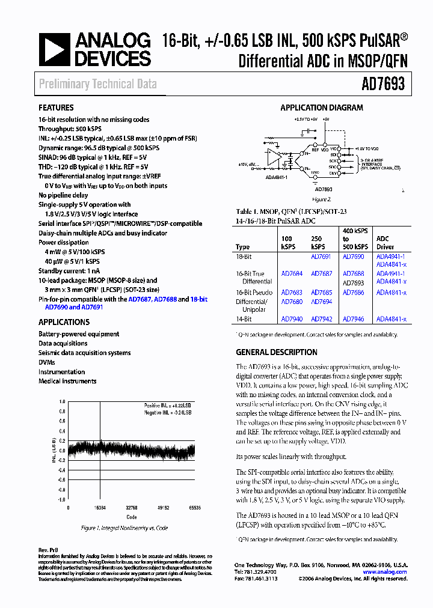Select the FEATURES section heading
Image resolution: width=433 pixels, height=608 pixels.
tap(56, 108)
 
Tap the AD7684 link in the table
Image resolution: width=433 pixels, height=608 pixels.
tap(292, 273)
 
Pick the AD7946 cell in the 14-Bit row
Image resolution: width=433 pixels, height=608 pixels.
tap(353, 320)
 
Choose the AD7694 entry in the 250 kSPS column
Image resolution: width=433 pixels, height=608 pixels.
tap(321, 302)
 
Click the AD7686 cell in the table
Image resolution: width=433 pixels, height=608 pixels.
tap(353, 293)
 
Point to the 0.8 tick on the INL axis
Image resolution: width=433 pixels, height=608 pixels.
tap(61, 412)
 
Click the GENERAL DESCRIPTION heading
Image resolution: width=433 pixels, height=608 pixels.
tap(277, 353)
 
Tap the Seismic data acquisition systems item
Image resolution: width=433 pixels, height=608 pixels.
tap(84, 353)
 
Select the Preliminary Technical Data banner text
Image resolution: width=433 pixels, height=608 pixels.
tap(98, 84)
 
